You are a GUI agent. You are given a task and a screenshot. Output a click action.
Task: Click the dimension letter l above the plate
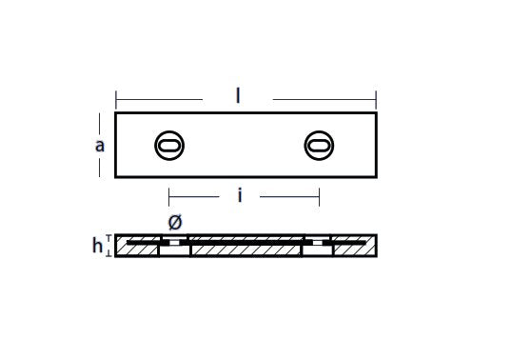coord(238,96)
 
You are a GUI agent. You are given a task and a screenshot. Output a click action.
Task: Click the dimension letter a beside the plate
coord(100,146)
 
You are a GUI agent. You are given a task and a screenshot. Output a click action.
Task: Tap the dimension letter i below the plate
coord(240,196)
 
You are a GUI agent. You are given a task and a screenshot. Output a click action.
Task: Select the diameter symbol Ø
coord(175,222)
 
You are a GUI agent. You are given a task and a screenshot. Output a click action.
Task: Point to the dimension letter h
coord(97,246)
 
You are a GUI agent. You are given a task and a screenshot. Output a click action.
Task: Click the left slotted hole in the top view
coord(169,146)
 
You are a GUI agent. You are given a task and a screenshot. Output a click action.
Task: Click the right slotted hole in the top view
coord(319,146)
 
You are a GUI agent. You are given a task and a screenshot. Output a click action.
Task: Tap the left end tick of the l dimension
coord(116,100)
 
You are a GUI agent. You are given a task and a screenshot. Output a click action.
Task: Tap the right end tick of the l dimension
coord(376,100)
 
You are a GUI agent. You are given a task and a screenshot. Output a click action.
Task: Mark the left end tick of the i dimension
coord(168,196)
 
